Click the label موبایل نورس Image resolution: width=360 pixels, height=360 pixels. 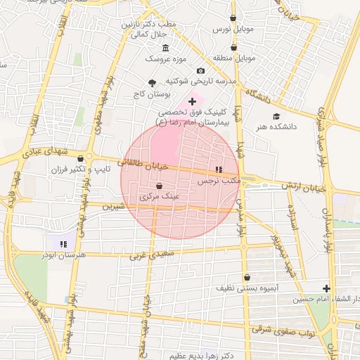pos(232,30)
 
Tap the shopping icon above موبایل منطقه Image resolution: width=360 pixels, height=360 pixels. pos(233,46)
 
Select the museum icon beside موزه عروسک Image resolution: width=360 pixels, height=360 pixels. pos(165,48)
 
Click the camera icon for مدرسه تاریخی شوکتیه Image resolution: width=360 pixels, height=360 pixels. pos(201,71)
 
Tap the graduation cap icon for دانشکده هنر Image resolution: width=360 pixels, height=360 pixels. pos(276,116)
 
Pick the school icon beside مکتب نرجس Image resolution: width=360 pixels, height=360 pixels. pos(219,169)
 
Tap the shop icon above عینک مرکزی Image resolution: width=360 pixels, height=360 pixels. pos(159,186)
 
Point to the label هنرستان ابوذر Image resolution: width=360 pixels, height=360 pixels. pos(63,255)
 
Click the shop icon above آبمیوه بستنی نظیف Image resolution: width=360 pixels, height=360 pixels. pos(247,277)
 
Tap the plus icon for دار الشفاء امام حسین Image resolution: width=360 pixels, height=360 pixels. pos(326,288)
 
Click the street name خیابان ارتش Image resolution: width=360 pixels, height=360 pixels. pos(302,186)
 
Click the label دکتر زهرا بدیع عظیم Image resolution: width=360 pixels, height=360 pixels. pos(176,356)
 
